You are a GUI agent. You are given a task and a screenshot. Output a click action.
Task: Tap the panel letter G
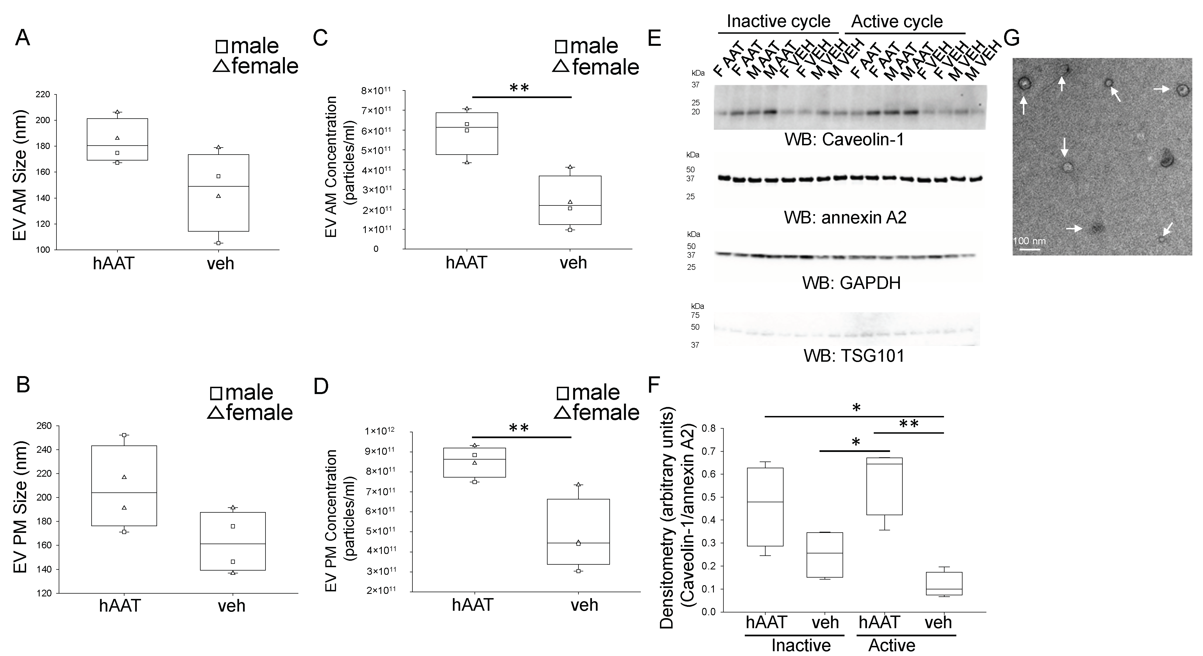tap(1011, 38)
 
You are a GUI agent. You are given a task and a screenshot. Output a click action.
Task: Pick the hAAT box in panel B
tap(124, 485)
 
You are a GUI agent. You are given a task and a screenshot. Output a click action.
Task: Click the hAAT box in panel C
tap(467, 134)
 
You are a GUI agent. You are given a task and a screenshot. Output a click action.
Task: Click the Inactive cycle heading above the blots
tap(778, 21)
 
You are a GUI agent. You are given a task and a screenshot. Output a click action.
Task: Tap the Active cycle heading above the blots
tap(897, 21)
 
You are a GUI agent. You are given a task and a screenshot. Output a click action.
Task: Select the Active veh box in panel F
tap(944, 583)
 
